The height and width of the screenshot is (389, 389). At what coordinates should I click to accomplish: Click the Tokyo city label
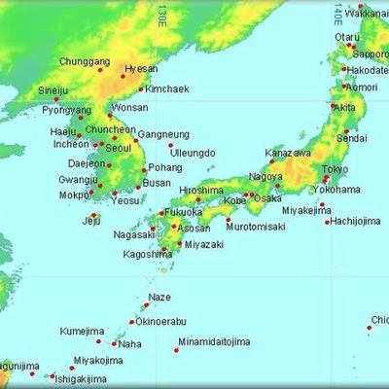335,169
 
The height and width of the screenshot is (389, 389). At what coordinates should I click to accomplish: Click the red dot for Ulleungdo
170,145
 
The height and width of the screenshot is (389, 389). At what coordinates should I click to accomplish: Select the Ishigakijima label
79,377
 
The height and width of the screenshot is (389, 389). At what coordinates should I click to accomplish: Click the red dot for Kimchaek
141,90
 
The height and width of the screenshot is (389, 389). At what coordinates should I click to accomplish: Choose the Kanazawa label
289,154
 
